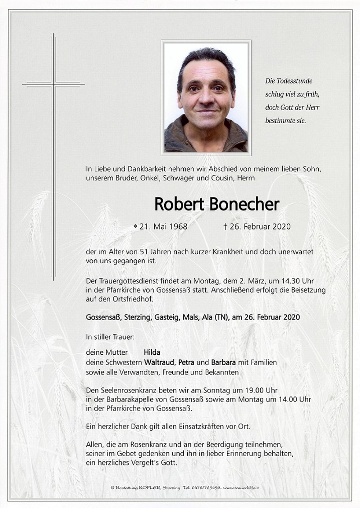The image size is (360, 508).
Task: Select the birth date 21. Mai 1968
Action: coord(163,227)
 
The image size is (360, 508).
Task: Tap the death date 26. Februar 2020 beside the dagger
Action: coord(260,227)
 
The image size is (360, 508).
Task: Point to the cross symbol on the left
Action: coord(54,84)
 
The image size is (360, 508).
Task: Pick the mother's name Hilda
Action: coord(152,352)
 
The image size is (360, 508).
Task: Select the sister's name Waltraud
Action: coord(159,362)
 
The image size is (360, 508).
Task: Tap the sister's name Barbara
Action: coord(223,362)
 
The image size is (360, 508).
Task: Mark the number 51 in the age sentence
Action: coord(144,252)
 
